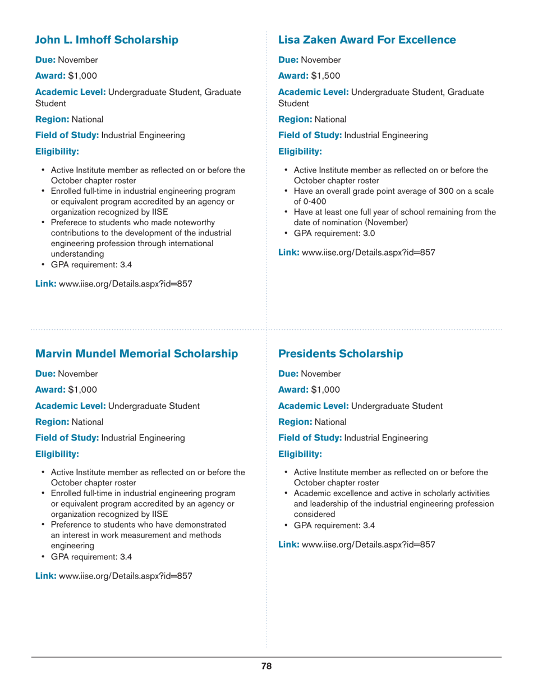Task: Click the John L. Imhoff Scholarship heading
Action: pyautogui.click(x=107, y=40)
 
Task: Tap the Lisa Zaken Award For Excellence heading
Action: pyautogui.click(x=367, y=40)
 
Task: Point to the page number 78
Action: pyautogui.click(x=266, y=666)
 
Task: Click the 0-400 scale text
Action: pyautogui.click(x=306, y=201)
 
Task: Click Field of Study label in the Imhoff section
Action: pyautogui.click(x=67, y=135)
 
